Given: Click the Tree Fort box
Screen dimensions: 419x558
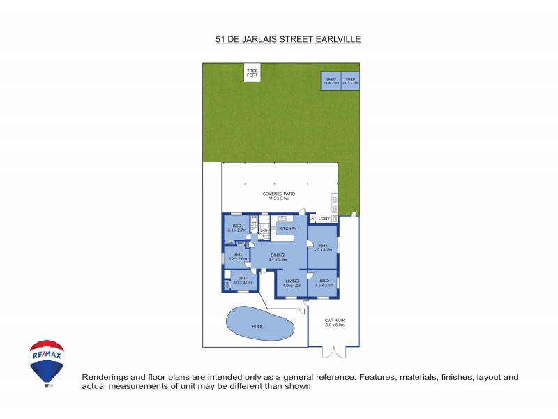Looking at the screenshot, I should pyautogui.click(x=252, y=72).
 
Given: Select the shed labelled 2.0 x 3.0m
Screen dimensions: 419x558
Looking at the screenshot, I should pyautogui.click(x=331, y=81).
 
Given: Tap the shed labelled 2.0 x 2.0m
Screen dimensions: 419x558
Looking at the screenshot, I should pyautogui.click(x=350, y=81).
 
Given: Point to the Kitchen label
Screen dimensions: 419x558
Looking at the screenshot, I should pyautogui.click(x=288, y=228).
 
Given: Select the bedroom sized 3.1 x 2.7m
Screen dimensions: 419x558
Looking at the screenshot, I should pyautogui.click(x=236, y=228).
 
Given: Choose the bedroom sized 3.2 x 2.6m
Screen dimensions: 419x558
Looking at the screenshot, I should pyautogui.click(x=238, y=256).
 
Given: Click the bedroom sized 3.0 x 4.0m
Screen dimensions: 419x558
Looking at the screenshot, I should pyautogui.click(x=242, y=280).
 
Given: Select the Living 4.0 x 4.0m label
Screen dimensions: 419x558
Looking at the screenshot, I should pyautogui.click(x=292, y=283).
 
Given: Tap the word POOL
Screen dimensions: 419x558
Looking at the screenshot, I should pyautogui.click(x=257, y=325).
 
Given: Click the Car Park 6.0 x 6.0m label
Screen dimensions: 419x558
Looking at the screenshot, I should pyautogui.click(x=335, y=323).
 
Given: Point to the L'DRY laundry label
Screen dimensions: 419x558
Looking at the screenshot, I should pyautogui.click(x=324, y=219).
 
